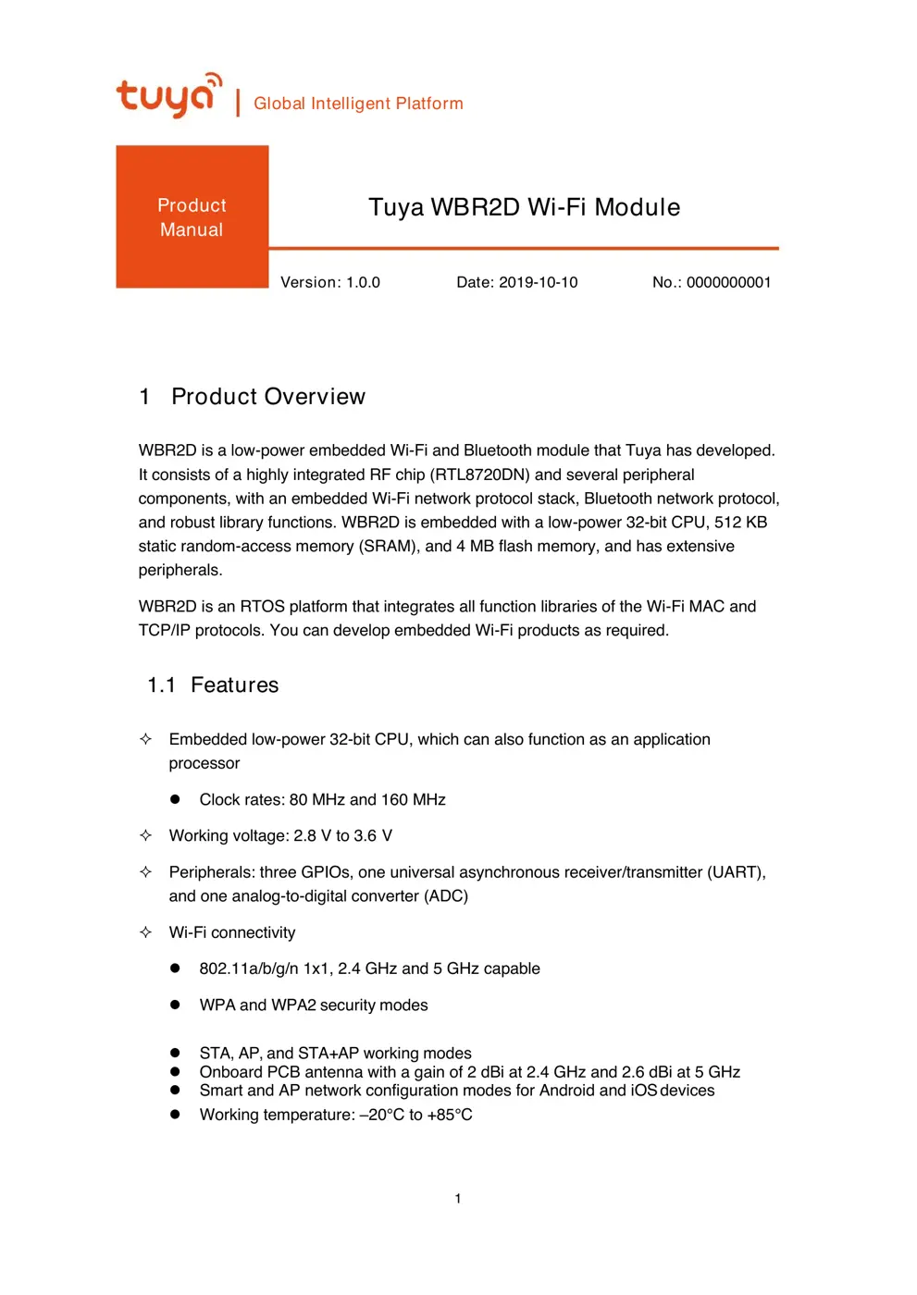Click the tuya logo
click(168, 95)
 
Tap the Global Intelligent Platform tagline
click(358, 104)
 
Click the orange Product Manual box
click(192, 217)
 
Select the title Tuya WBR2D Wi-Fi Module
click(524, 207)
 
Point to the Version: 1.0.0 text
click(330, 282)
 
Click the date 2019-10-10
click(538, 282)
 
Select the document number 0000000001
click(728, 282)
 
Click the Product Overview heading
click(267, 397)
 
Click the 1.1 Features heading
click(213, 685)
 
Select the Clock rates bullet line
click(322, 800)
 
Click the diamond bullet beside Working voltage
click(145, 835)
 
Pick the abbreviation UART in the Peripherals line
click(735, 872)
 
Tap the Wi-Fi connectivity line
click(232, 932)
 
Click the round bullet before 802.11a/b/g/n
click(175, 968)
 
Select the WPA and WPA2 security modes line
click(314, 1005)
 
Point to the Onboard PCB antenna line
click(469, 1072)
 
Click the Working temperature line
click(336, 1115)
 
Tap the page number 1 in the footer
click(458, 1199)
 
